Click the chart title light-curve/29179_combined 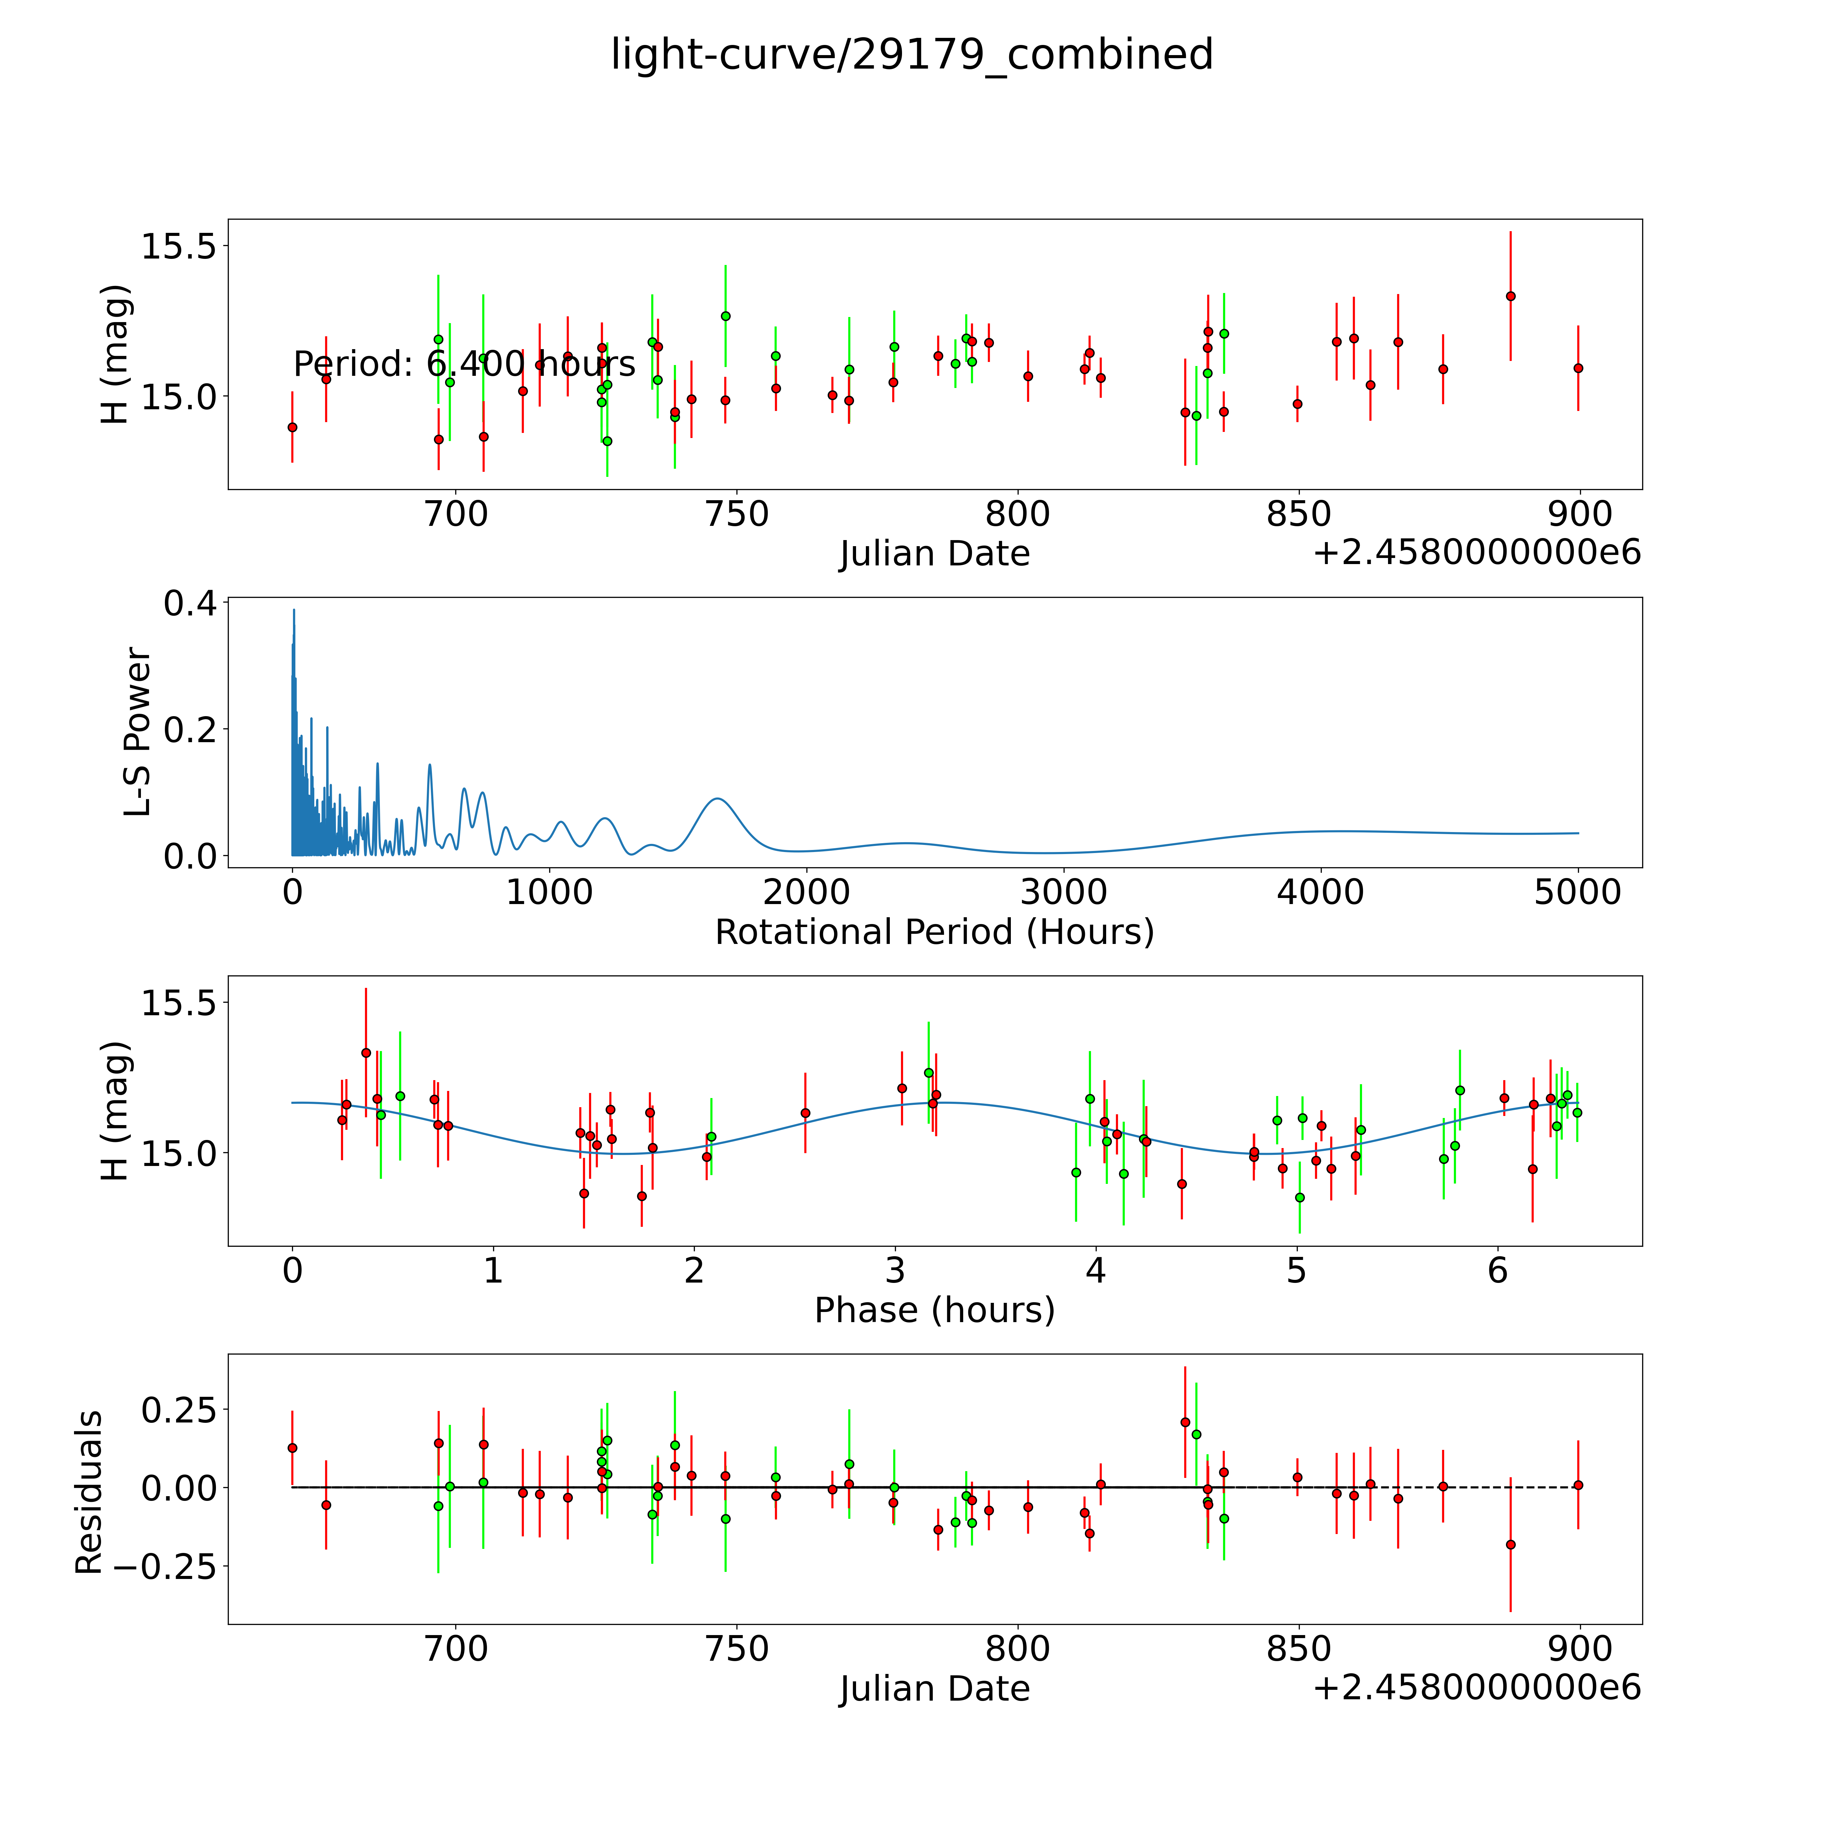(911, 55)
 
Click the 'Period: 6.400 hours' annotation (464, 364)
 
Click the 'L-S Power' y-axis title (138, 732)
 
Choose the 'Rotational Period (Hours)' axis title (934, 932)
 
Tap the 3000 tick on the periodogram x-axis (1064, 893)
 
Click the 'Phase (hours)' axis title (934, 1310)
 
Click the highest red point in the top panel (1510, 296)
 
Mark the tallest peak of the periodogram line (294, 610)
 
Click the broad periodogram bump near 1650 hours (718, 799)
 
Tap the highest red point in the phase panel (366, 1052)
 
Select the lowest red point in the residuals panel (1510, 1544)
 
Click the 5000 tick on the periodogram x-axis (1578, 893)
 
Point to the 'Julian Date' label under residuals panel (934, 1688)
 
